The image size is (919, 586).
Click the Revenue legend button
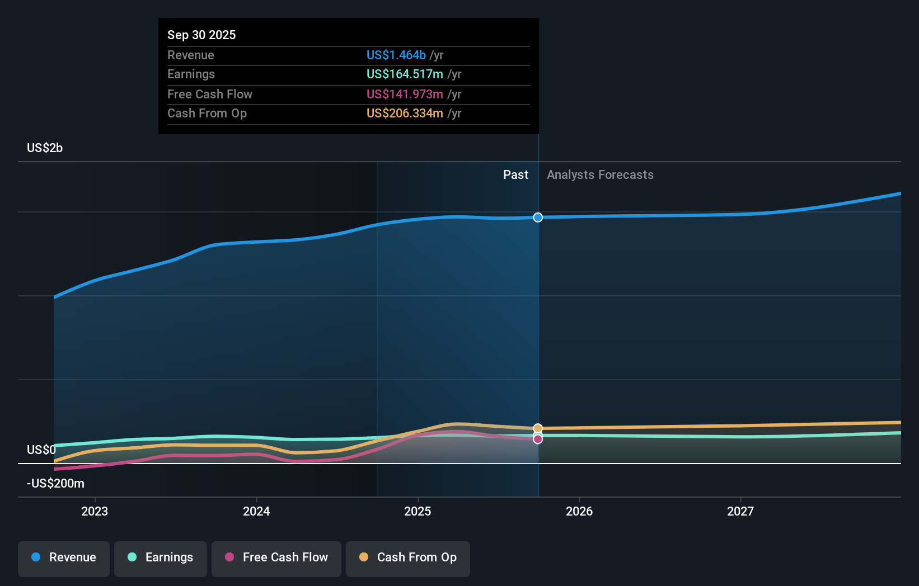click(x=64, y=557)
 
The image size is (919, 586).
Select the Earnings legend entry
click(x=161, y=557)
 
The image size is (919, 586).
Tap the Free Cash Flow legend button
click(x=276, y=557)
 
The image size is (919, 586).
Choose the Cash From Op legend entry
click(x=408, y=557)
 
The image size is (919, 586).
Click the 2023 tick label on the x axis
click(x=95, y=511)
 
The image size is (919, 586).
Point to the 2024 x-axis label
click(x=256, y=511)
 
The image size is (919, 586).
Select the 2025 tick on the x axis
click(x=418, y=511)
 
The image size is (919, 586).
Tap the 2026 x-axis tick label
click(x=579, y=511)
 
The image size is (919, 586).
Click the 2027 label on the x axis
click(x=740, y=511)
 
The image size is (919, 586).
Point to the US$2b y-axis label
click(x=45, y=148)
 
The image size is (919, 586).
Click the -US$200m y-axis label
click(x=55, y=484)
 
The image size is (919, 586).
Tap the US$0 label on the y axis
click(x=41, y=450)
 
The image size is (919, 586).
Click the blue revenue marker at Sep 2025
click(x=538, y=218)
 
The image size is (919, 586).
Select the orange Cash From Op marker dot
click(x=538, y=428)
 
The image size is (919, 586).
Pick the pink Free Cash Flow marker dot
click(x=538, y=439)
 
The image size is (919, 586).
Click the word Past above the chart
click(x=515, y=175)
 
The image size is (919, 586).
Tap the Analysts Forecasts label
click(x=600, y=175)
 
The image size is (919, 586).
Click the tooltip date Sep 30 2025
click(x=201, y=35)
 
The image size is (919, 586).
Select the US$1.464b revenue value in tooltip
click(x=396, y=55)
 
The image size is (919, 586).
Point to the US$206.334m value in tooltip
click(x=405, y=114)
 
